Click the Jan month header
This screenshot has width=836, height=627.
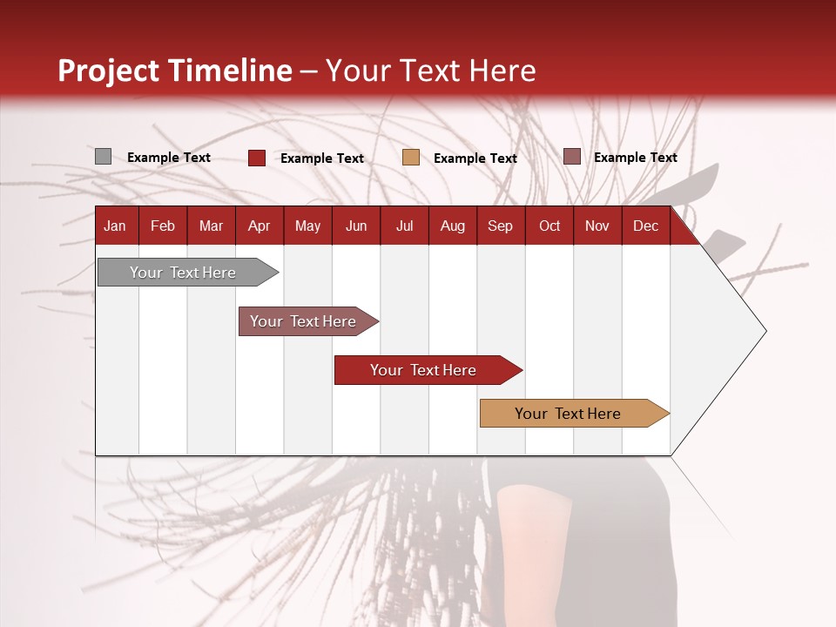[115, 226]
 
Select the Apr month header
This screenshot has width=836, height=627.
[259, 226]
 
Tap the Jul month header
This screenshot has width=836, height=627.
[404, 226]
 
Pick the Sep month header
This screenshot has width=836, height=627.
[500, 226]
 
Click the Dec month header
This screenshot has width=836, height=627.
[645, 226]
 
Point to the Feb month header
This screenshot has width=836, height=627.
[163, 226]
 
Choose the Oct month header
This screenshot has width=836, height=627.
[549, 226]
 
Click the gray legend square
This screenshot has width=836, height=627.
[103, 157]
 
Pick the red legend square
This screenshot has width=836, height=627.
[256, 158]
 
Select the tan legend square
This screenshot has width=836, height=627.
[410, 158]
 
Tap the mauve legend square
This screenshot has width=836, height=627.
[571, 157]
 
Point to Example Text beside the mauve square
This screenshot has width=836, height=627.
[635, 158]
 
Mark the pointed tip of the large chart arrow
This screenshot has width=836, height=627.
[765, 331]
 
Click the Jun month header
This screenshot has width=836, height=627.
[356, 226]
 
